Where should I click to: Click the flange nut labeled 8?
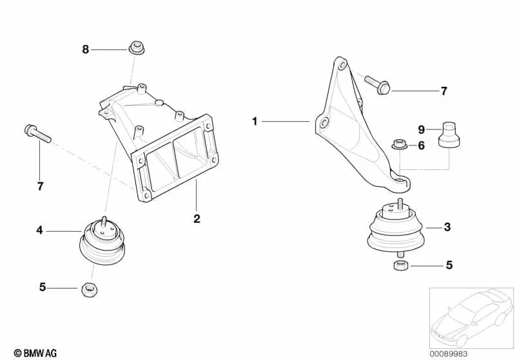(x=136, y=48)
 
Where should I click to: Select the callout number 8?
(x=85, y=50)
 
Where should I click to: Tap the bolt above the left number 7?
(x=38, y=133)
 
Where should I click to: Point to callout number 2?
(x=197, y=218)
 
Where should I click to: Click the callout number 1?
(x=255, y=122)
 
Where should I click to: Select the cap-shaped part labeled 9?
(x=449, y=134)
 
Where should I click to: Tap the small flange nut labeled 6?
(x=400, y=144)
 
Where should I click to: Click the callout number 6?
(x=422, y=146)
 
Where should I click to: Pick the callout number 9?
(x=422, y=129)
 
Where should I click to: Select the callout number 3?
(x=447, y=227)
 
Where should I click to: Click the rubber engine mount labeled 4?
(x=102, y=242)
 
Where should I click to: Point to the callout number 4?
(x=39, y=231)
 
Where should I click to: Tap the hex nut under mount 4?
(x=89, y=289)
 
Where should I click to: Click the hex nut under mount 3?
(x=401, y=265)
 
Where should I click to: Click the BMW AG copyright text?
(x=35, y=353)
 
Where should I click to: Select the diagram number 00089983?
(x=449, y=354)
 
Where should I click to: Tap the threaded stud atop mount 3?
(x=400, y=203)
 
